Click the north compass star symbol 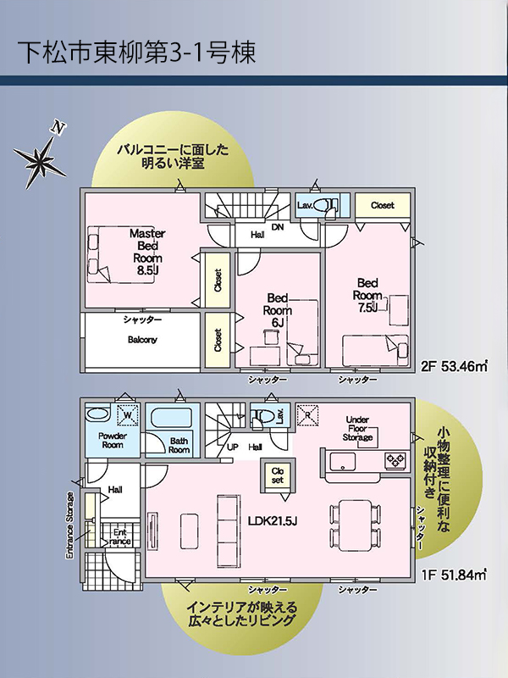click(40, 158)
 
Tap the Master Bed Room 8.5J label click(147, 252)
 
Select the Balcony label click(142, 340)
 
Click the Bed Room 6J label click(278, 310)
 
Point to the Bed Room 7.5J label click(367, 295)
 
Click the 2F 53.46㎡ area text click(454, 367)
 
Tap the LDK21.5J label click(273, 521)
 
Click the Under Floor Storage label click(357, 429)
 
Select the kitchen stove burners click(395, 460)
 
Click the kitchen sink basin click(343, 461)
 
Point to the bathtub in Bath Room click(172, 418)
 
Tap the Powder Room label click(113, 440)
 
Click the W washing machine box click(128, 415)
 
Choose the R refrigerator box click(307, 415)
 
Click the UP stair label click(233, 447)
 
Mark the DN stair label click(278, 226)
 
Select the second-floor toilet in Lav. click(325, 205)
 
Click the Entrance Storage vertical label click(70, 525)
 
